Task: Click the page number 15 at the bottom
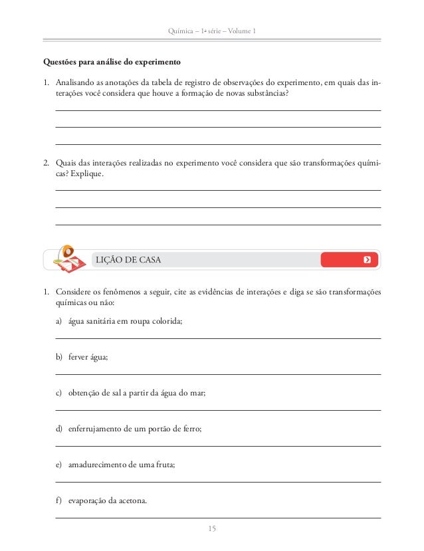pos(212,529)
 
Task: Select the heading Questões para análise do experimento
pos(112,64)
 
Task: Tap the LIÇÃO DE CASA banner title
pos(128,260)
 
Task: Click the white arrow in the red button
pos(367,260)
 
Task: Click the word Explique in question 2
pos(86,174)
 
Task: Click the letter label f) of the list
pos(59,501)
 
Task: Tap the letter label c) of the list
pos(59,393)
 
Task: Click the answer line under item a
pos(218,339)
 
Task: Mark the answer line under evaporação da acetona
pos(218,518)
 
